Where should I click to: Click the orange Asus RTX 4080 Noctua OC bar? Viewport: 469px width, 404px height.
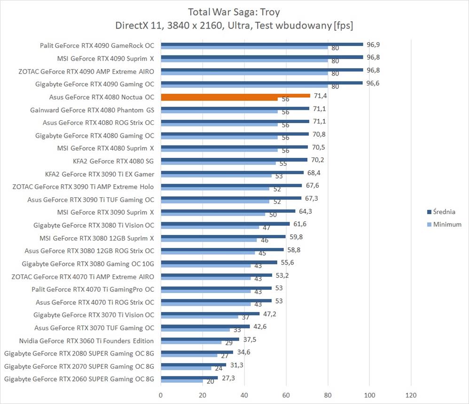(235, 96)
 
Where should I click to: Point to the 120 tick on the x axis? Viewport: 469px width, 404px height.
(411, 396)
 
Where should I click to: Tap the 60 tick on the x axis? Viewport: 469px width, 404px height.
(286, 396)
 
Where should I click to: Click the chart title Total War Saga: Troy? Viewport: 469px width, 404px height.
(234, 11)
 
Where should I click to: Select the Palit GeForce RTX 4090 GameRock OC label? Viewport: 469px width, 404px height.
(97, 46)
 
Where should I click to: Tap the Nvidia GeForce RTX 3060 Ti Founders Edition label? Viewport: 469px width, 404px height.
(86, 341)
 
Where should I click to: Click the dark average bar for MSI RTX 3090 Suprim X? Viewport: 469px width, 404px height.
(228, 211)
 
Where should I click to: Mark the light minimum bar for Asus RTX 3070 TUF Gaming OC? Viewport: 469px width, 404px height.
(195, 330)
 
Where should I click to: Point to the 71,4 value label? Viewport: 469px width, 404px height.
(320, 96)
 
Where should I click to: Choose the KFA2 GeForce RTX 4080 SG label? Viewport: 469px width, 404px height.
(113, 161)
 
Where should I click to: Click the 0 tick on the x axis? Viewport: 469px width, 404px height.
(161, 396)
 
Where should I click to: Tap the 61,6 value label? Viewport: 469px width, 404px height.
(300, 224)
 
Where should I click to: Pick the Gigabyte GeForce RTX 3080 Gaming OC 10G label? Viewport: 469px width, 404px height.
(88, 264)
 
